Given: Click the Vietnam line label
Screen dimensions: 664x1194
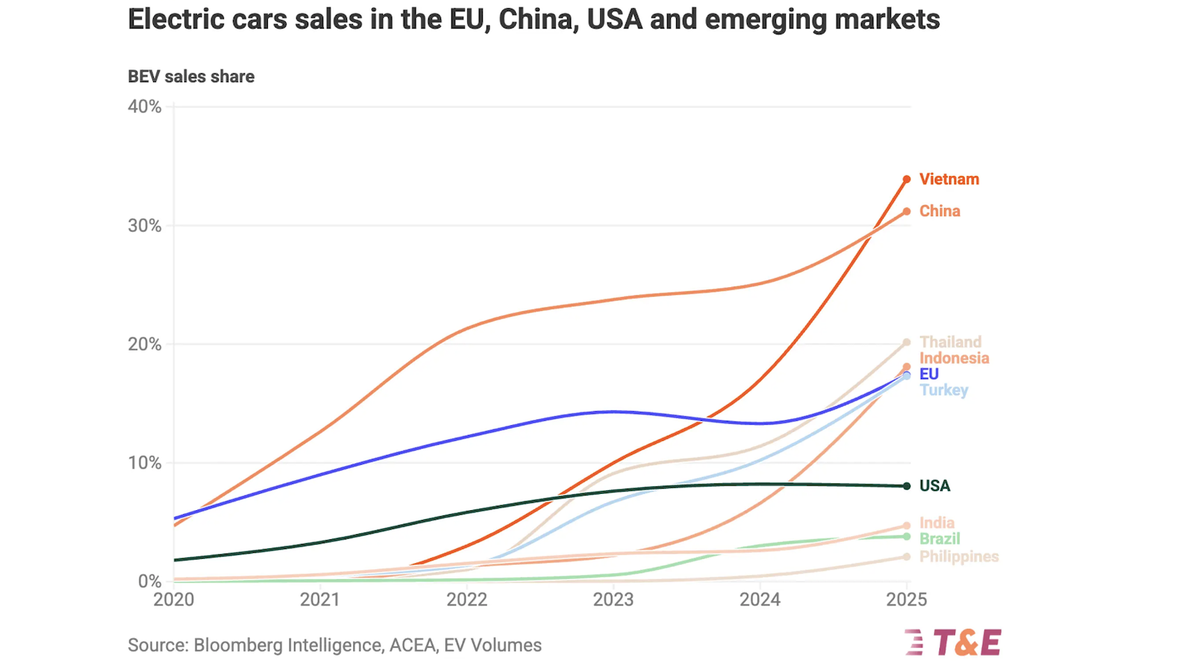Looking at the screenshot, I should (x=948, y=179).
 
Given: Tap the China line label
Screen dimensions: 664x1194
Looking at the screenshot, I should (x=940, y=211).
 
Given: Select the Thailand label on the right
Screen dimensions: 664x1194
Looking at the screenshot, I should (x=950, y=342).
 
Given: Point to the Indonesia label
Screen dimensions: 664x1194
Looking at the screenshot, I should (x=954, y=358).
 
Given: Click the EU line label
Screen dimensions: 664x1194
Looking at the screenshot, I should (x=928, y=374).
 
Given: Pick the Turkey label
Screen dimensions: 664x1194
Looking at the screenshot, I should (x=943, y=390).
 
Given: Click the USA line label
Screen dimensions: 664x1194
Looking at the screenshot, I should (x=934, y=486).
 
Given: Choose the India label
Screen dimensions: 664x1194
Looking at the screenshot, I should (x=937, y=523).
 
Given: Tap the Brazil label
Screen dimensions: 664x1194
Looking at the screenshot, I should (x=940, y=539).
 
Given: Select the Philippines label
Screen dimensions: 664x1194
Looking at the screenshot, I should (x=958, y=557).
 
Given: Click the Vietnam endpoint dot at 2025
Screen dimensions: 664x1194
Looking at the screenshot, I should (x=907, y=179).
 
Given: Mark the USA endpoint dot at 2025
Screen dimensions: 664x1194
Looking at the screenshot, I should (x=907, y=486).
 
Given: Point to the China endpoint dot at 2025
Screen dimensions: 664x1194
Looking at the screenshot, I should (x=907, y=211).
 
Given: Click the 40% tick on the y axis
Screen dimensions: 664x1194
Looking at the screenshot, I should (x=144, y=107).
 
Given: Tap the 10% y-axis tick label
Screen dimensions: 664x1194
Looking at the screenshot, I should (x=144, y=463).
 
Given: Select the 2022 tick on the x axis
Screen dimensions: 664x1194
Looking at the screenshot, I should (x=466, y=599).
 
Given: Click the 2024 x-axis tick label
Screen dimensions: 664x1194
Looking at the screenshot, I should (x=760, y=599).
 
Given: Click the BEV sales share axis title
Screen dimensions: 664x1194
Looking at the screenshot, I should (x=191, y=77).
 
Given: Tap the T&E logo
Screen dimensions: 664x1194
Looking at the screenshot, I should (x=954, y=642).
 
